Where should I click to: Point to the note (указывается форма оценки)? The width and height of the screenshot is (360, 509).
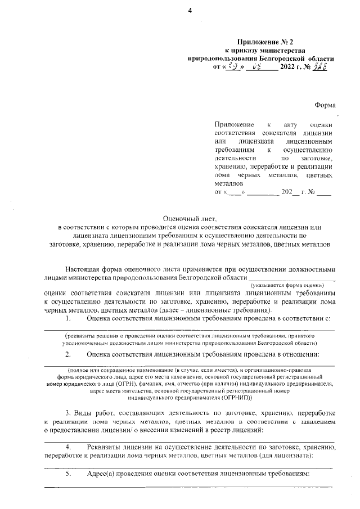(292, 286)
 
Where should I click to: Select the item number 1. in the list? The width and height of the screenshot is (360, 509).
(68, 318)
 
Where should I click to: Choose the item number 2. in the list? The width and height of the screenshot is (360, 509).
(68, 354)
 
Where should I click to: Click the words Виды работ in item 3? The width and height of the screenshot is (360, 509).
(91, 422)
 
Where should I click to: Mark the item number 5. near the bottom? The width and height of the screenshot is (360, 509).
(68, 474)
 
